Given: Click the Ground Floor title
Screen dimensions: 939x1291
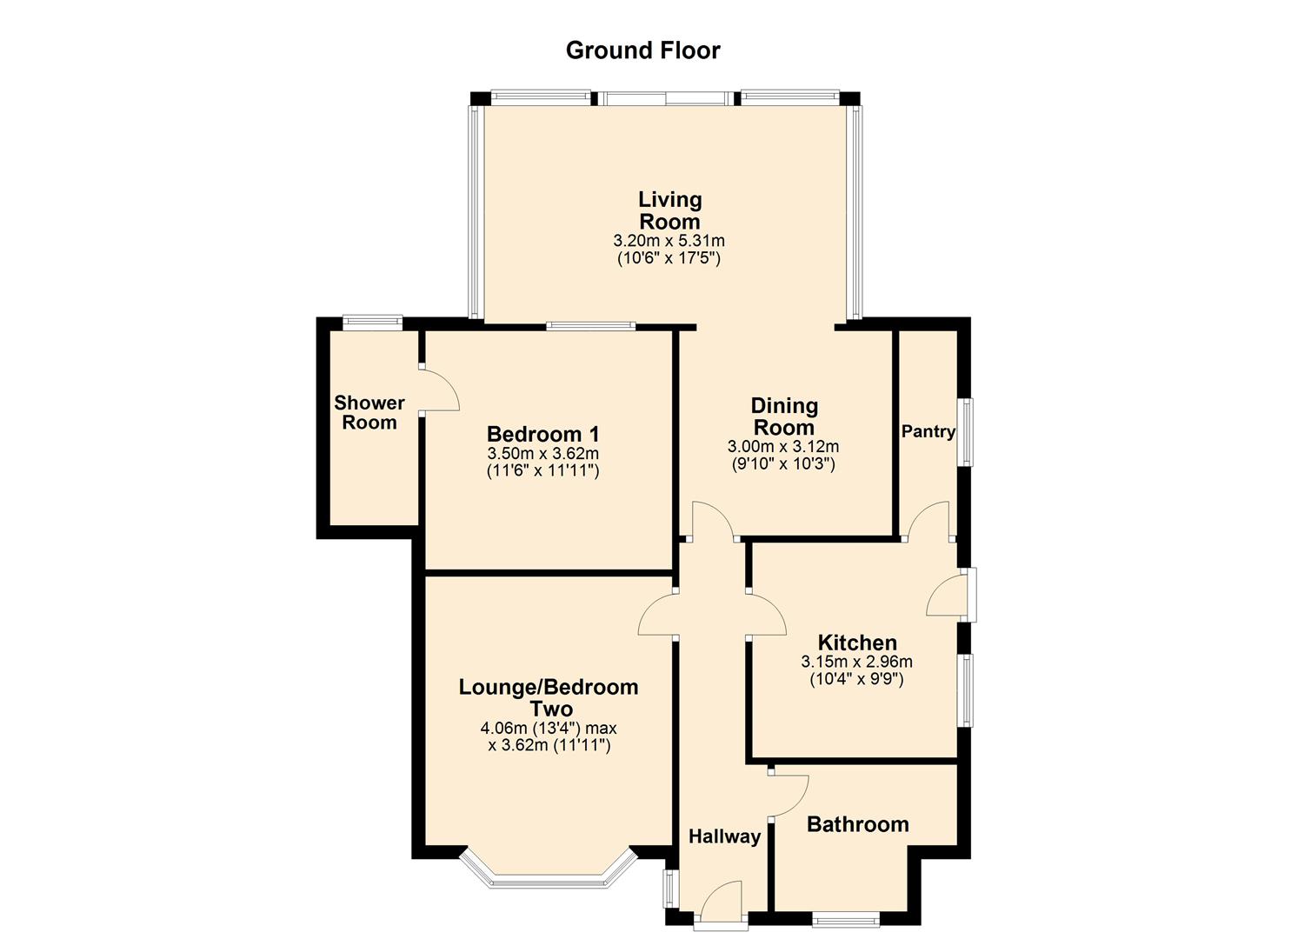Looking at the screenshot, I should click(x=642, y=50).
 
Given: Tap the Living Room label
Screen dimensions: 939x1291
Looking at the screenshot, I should click(x=669, y=210).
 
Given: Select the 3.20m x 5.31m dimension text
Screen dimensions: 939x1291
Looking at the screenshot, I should click(x=669, y=241).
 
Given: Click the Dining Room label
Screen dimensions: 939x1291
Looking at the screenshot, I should click(x=784, y=416).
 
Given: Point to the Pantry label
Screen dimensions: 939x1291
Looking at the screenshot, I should click(x=928, y=431).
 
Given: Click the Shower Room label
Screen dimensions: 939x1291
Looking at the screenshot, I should click(x=369, y=413).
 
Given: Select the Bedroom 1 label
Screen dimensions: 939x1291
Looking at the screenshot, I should click(x=542, y=434).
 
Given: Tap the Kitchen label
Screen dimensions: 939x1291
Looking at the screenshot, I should click(x=857, y=643).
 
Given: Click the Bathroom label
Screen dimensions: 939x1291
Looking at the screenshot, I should click(x=857, y=824).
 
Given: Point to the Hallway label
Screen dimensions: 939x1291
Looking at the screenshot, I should click(x=724, y=836).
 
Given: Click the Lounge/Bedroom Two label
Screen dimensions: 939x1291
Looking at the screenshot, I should click(x=549, y=698).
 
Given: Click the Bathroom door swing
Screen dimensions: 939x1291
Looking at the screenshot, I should click(x=789, y=795).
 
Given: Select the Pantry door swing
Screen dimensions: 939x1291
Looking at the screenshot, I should click(x=928, y=521).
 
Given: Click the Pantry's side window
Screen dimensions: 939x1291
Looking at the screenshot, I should click(x=965, y=432).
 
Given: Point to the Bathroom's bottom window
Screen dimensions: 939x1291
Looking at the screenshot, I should click(x=846, y=916).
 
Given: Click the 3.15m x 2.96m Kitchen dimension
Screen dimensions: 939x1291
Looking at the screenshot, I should click(x=856, y=662).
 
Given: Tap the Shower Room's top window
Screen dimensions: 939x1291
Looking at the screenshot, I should click(x=372, y=323).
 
